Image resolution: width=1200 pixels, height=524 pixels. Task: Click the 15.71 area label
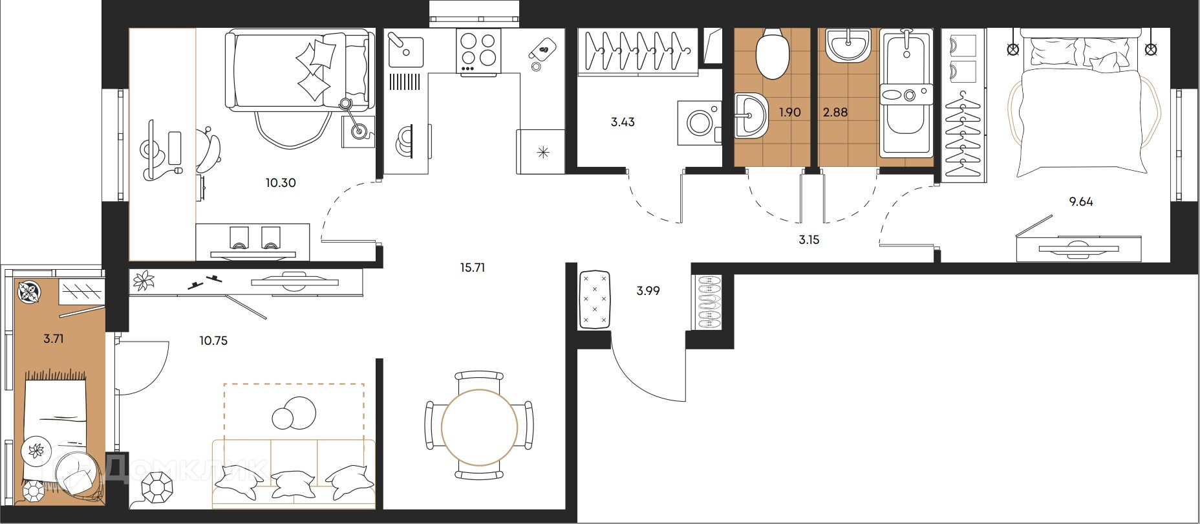(x=473, y=267)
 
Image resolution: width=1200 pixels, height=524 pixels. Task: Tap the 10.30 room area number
(x=281, y=183)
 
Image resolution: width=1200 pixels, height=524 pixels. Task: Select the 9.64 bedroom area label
(x=1081, y=202)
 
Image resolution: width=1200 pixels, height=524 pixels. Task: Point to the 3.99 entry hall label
(x=648, y=291)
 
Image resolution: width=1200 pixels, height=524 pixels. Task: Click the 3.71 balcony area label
(x=54, y=338)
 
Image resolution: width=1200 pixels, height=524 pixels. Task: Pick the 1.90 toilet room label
(x=790, y=113)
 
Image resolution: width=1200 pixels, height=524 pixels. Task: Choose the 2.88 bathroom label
(x=835, y=113)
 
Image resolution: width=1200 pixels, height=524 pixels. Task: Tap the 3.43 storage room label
(x=623, y=122)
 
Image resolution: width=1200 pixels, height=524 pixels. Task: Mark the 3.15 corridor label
(x=809, y=240)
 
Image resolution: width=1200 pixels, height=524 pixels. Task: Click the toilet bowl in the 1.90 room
(x=773, y=53)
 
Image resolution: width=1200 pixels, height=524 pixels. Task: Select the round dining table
(x=480, y=428)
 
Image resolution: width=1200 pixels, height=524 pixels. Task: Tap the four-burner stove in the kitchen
(x=478, y=51)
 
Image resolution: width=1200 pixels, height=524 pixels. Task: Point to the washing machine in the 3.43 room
(x=700, y=122)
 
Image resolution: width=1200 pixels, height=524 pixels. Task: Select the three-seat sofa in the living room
(x=294, y=473)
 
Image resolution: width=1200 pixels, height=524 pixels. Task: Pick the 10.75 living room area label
(x=213, y=341)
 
